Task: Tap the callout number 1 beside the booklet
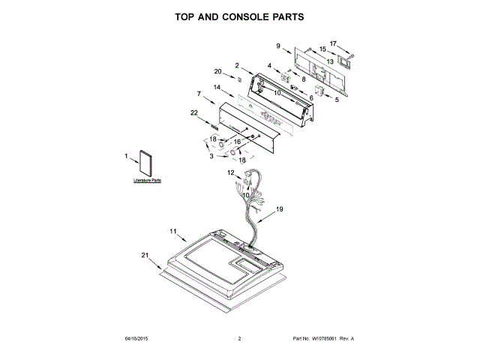tap(127, 156)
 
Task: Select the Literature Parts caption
tap(147, 181)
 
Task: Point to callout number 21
tap(145, 255)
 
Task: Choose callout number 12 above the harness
tap(231, 172)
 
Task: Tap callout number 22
tap(193, 112)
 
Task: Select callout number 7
tap(199, 94)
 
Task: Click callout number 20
tap(218, 71)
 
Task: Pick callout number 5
tap(337, 99)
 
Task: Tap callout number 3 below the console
tap(211, 156)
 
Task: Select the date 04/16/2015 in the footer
tap(133, 339)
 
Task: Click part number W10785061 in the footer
tap(318, 339)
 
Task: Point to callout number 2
tap(237, 65)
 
